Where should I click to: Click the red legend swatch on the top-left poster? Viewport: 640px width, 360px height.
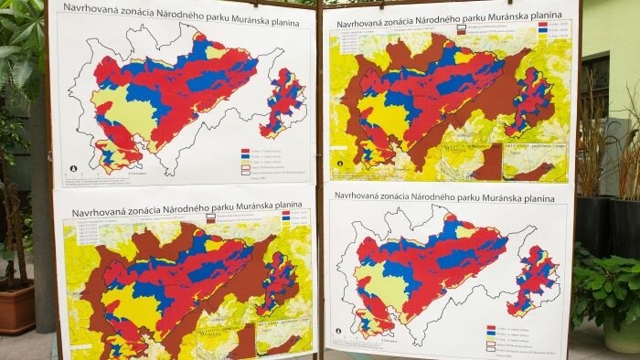[x=244, y=149]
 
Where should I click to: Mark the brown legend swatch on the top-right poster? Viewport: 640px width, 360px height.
[x=460, y=29]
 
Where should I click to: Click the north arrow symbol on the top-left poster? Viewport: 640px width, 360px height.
[x=67, y=169]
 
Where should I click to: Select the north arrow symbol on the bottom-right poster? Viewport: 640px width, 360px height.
[x=339, y=331]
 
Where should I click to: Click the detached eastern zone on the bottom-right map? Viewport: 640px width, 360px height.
[x=532, y=280]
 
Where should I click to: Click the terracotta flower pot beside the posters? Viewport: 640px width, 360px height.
[x=16, y=308]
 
